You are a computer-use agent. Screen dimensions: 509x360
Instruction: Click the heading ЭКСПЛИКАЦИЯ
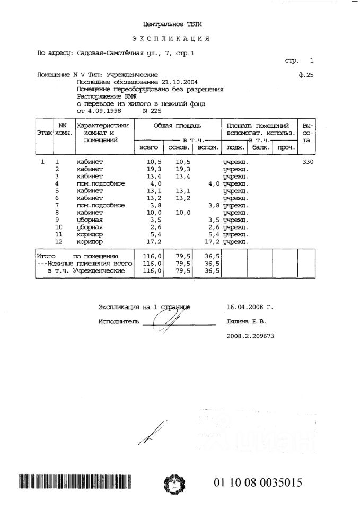171,39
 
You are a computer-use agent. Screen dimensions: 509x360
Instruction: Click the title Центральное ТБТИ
172,24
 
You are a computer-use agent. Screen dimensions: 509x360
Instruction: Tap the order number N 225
153,112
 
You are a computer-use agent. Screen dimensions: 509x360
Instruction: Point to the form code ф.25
306,75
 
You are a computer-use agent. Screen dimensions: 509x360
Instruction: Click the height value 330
308,162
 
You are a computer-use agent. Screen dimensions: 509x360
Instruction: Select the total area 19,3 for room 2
154,169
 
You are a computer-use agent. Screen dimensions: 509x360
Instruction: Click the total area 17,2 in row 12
154,242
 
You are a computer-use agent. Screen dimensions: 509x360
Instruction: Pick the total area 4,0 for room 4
155,183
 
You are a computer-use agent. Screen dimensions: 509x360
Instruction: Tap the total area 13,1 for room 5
154,191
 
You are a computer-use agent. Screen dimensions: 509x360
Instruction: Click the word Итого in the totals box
47,256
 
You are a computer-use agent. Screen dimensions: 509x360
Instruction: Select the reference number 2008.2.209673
250,336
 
